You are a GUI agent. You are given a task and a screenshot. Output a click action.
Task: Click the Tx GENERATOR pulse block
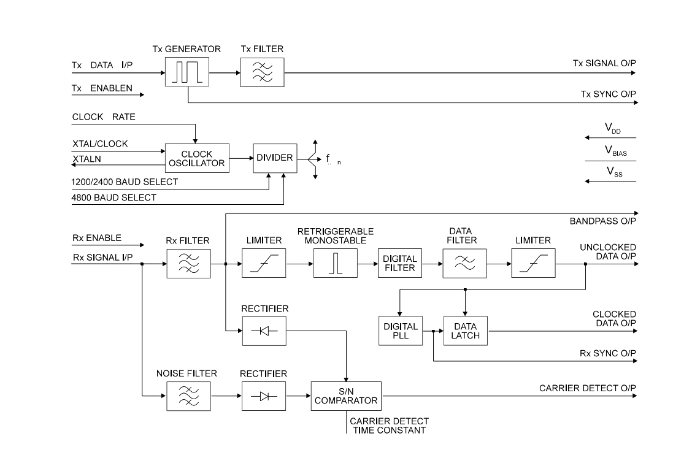pyautogui.click(x=187, y=72)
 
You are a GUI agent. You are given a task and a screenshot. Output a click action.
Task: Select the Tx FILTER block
pyautogui.click(x=262, y=72)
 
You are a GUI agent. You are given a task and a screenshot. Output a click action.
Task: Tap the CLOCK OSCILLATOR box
pyautogui.click(x=197, y=158)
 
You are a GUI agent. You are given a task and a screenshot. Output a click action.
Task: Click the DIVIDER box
pyautogui.click(x=275, y=158)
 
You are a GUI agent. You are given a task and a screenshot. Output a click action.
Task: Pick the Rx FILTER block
pyautogui.click(x=188, y=264)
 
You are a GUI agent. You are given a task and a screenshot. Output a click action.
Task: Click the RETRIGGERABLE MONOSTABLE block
pyautogui.click(x=336, y=263)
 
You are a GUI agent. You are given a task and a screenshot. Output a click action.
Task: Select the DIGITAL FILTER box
pyautogui.click(x=400, y=263)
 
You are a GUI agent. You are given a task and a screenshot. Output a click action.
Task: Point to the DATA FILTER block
pyautogui.click(x=465, y=263)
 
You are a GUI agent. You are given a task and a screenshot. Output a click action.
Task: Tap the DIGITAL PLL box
pyautogui.click(x=401, y=331)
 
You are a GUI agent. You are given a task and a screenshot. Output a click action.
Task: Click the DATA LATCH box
pyautogui.click(x=466, y=331)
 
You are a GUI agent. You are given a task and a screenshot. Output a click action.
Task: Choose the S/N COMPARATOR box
pyautogui.click(x=346, y=396)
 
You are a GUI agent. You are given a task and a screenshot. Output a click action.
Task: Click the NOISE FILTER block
pyautogui.click(x=188, y=396)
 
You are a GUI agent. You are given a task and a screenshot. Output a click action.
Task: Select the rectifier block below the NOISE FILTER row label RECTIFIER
pyautogui.click(x=264, y=396)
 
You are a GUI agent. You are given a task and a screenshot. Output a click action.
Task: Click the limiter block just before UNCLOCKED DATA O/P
pyautogui.click(x=534, y=263)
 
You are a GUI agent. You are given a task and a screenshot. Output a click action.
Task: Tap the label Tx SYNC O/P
pyautogui.click(x=608, y=94)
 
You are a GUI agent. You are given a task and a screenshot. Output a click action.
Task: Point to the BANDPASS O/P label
pyautogui.click(x=603, y=221)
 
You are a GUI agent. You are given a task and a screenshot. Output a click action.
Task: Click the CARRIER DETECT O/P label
pyautogui.click(x=588, y=389)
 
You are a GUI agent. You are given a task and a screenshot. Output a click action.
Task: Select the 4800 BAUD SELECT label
pyautogui.click(x=114, y=198)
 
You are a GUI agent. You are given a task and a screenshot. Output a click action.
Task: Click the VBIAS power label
pyautogui.click(x=615, y=151)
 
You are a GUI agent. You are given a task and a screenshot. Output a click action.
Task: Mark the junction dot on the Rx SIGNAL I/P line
pyautogui.click(x=142, y=264)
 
